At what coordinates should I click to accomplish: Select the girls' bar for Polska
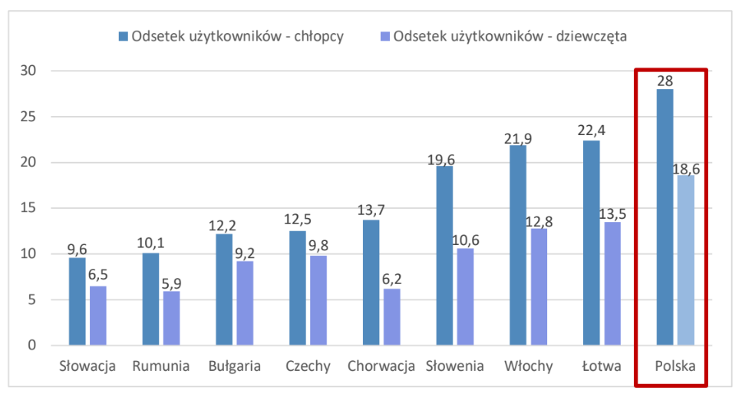coord(685,260)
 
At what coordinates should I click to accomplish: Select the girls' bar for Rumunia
coord(171,318)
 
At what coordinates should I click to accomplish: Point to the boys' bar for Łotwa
coord(592,243)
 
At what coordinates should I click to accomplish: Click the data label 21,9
coord(518,138)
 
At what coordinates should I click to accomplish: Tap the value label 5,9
coord(172,283)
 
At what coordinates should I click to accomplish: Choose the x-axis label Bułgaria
coord(234,366)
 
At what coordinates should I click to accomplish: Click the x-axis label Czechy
coord(308,366)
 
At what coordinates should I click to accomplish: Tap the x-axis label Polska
coord(675,366)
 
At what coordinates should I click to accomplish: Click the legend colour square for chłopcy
coord(123,36)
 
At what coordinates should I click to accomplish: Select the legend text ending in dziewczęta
coord(511,36)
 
